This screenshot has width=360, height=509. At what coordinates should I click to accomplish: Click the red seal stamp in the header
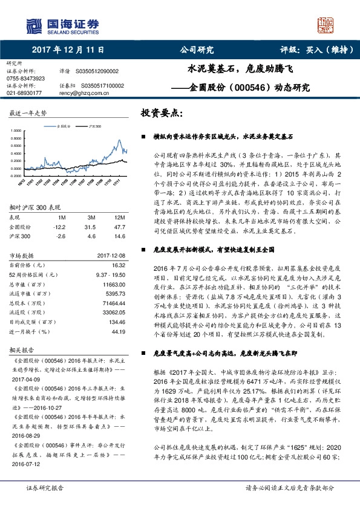coord(327,25)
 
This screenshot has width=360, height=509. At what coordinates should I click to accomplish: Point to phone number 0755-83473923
coord(25,79)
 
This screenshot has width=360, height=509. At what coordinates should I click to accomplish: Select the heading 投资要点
coord(160,113)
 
